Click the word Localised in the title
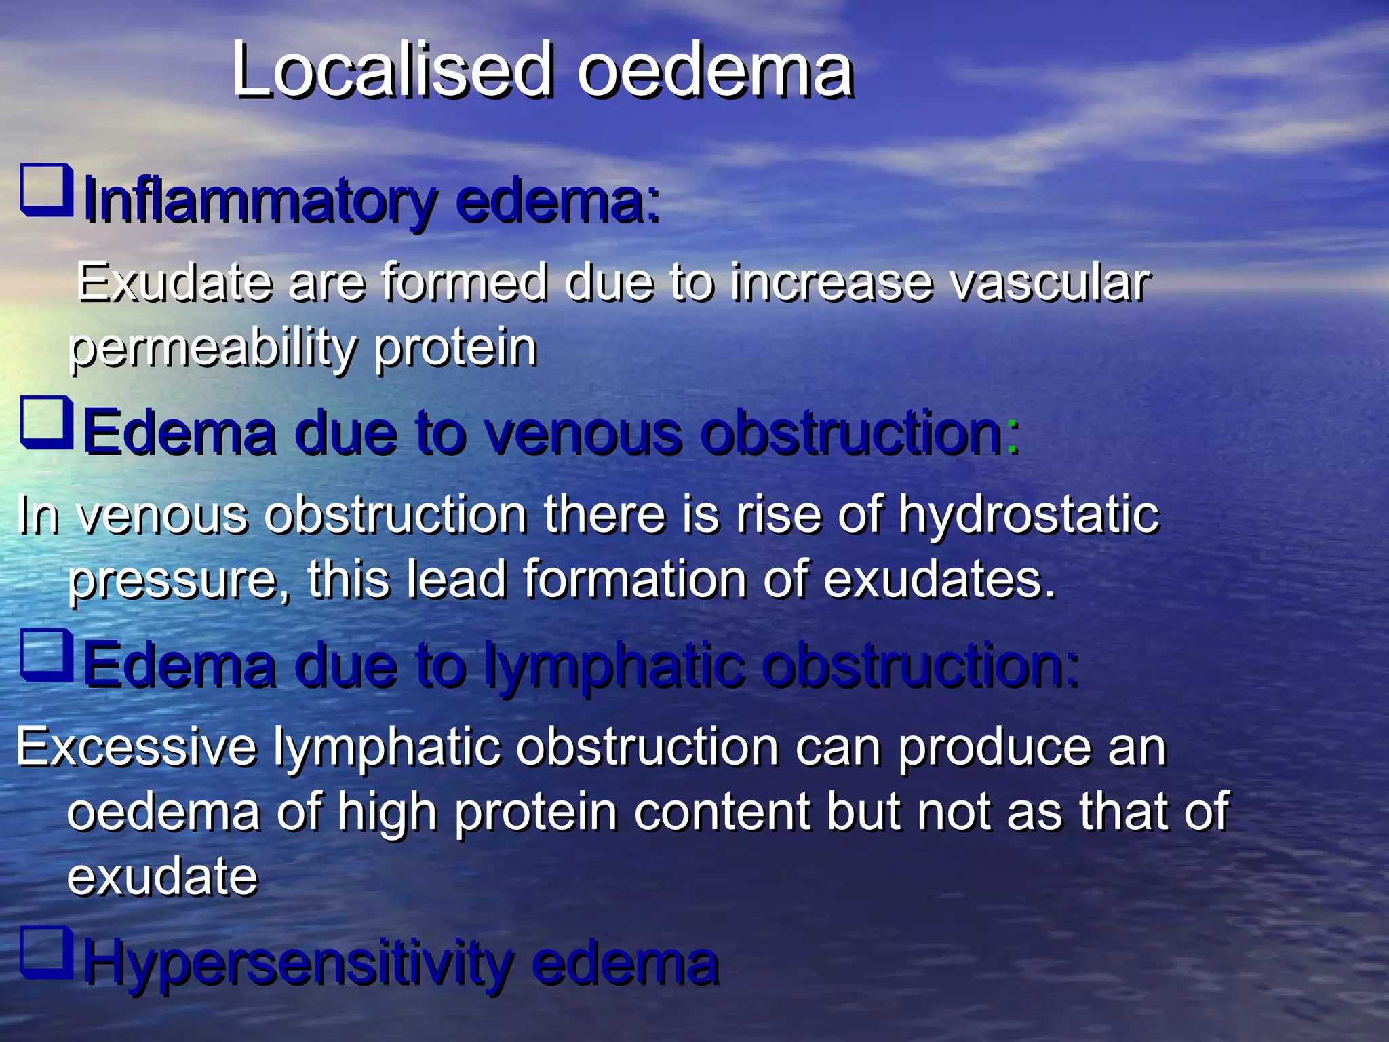[392, 71]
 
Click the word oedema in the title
[715, 71]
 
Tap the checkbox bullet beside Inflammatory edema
[46, 190]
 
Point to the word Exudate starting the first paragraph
[172, 282]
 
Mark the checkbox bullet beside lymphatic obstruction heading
[46, 655]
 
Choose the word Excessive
[136, 747]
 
